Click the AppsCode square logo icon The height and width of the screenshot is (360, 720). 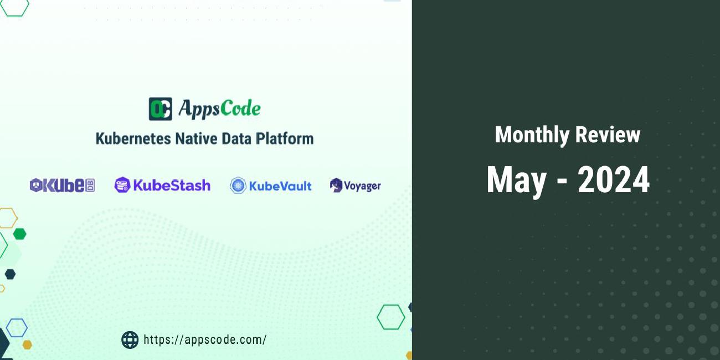coord(160,109)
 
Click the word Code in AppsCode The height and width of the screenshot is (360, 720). coord(240,109)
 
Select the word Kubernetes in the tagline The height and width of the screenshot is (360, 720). coord(133,138)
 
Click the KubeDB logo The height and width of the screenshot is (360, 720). coord(62,186)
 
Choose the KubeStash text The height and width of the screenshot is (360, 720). coord(172,185)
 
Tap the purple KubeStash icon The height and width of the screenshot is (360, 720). coord(122,185)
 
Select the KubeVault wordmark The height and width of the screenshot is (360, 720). coord(280,186)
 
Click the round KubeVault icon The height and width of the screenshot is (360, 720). coord(238,186)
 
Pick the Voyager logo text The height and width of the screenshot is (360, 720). coord(362,186)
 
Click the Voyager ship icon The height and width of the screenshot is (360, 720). coord(336,186)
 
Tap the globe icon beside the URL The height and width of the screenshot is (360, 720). coord(130,340)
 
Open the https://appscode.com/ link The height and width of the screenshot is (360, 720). coord(205,340)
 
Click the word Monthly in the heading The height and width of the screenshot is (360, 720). coord(532,135)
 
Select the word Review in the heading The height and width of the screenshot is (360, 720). coord(608,135)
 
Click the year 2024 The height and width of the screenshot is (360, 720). coord(614,180)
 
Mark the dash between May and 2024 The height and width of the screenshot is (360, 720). coord(562,182)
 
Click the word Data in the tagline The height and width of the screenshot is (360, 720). coord(236,138)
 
